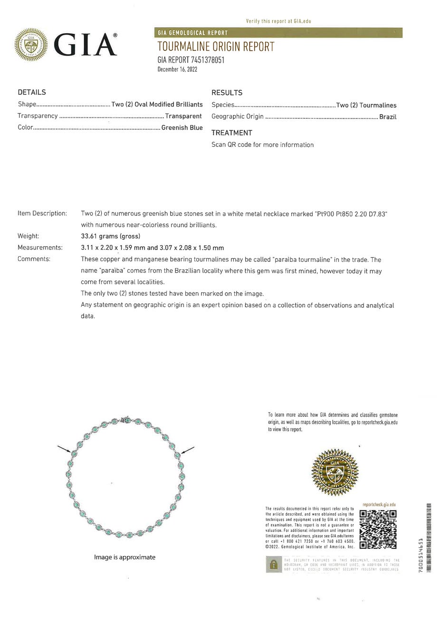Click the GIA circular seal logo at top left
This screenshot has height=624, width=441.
(32, 45)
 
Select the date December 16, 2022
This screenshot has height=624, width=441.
(177, 69)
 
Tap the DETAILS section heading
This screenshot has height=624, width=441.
(32, 92)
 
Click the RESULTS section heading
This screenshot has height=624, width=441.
(227, 93)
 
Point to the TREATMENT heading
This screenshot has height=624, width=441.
(231, 133)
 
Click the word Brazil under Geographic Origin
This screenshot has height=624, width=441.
(388, 117)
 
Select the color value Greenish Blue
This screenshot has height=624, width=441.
(182, 127)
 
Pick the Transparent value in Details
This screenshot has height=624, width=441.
(183, 116)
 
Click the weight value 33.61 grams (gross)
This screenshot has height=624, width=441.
(110, 236)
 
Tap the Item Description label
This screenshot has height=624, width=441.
(42, 213)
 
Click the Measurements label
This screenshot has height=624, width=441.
(40, 248)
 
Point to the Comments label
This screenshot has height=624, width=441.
(34, 259)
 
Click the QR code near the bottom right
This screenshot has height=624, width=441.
(378, 528)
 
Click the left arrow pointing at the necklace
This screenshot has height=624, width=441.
(65, 449)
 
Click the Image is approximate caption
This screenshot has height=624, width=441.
(125, 557)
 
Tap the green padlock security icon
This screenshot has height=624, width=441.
(274, 565)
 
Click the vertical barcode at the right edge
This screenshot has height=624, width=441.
(429, 537)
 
